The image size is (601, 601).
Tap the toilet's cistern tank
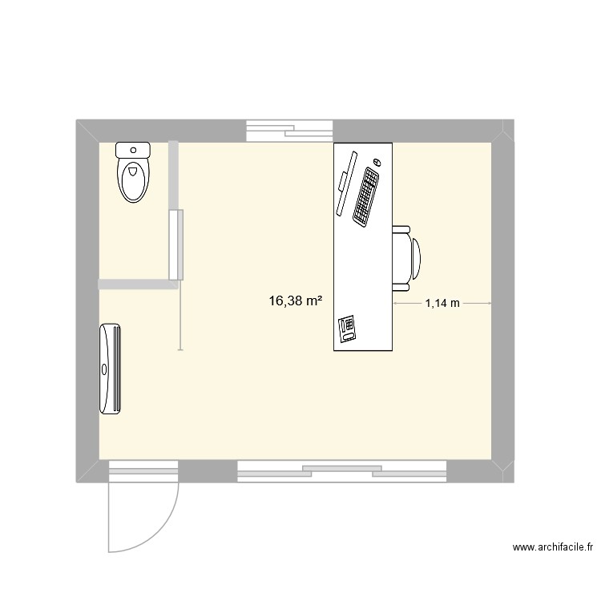[x=133, y=149]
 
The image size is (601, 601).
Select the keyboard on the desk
[x=367, y=196]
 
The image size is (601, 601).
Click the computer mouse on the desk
[x=377, y=163]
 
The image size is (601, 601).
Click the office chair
[x=405, y=257]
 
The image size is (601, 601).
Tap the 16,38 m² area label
[x=296, y=301]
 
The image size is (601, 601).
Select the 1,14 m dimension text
[x=442, y=303]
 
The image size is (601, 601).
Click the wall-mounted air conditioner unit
[x=111, y=369]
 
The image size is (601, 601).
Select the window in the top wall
[x=289, y=131]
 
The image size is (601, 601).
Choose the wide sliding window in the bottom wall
[x=342, y=471]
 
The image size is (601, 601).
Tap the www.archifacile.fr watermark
[x=553, y=548]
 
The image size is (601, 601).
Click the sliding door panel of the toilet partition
[x=176, y=244]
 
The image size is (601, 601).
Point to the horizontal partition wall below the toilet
[x=136, y=284]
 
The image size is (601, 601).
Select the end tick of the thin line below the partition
[x=179, y=350]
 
